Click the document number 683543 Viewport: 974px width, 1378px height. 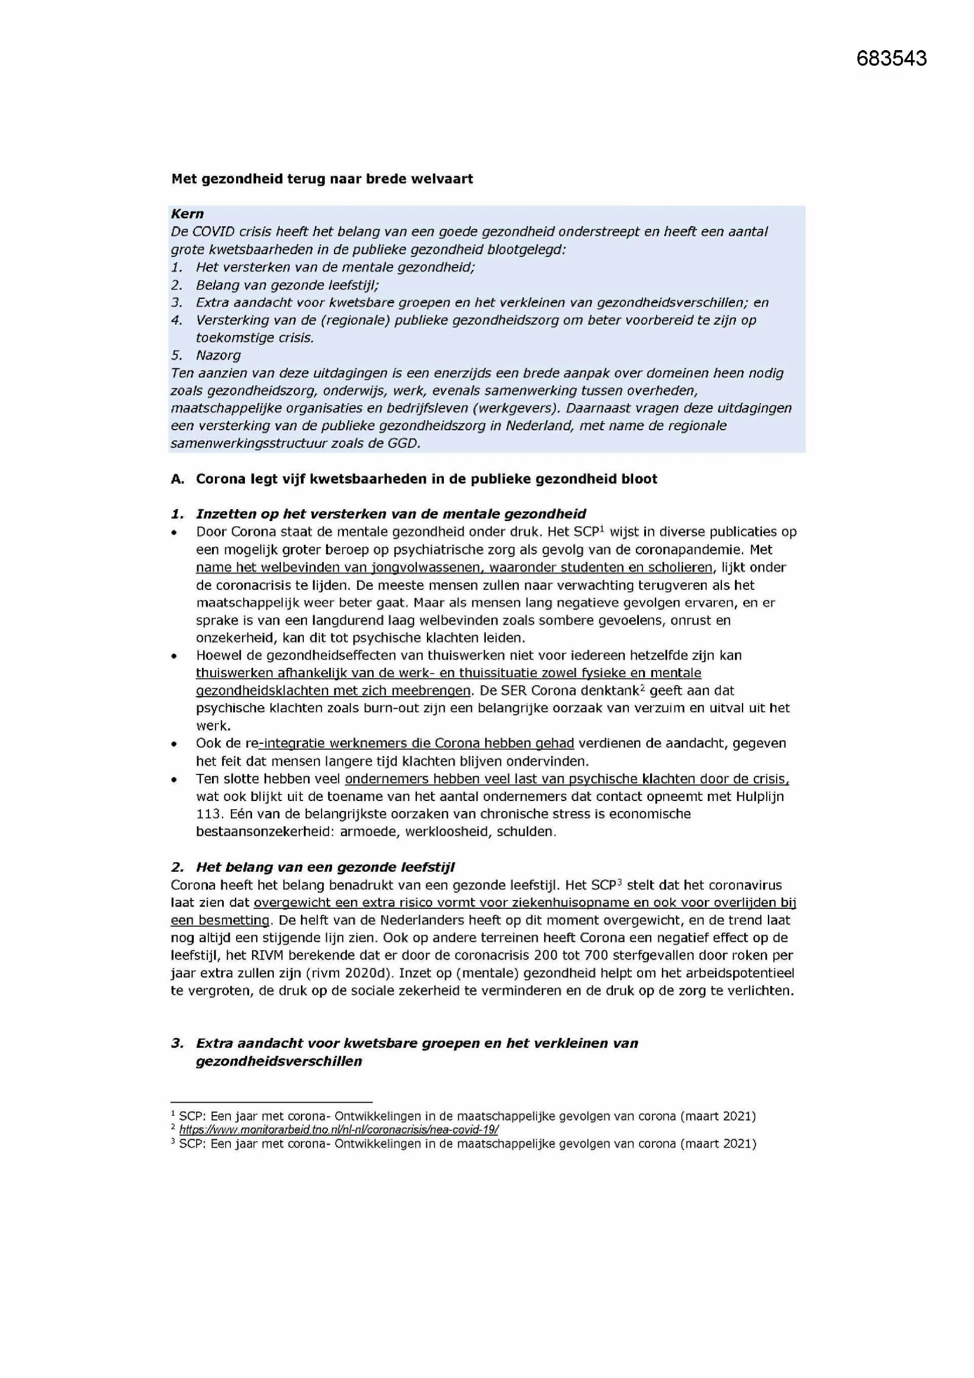(891, 58)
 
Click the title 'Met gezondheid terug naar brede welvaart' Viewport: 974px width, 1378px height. (322, 179)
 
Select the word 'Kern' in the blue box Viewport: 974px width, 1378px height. (187, 214)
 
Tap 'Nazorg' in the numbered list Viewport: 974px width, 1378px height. (218, 355)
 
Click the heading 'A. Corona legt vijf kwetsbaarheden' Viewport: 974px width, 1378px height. (414, 479)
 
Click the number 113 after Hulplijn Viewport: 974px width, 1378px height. (207, 815)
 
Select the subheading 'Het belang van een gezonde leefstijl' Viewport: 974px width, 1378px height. (325, 867)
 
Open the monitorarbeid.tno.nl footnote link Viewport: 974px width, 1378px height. (339, 1130)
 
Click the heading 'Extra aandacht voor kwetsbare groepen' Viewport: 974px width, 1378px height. (417, 1044)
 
